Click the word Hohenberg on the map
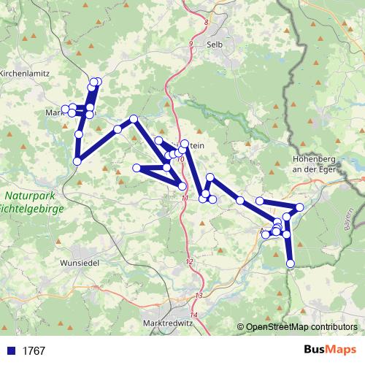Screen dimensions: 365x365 315,159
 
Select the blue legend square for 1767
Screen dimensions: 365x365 11,351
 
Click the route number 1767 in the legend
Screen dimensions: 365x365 34,351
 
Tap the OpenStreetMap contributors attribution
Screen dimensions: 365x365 301,328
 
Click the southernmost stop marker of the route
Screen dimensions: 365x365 291,264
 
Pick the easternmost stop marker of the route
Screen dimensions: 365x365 299,208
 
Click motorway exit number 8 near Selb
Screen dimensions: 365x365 207,23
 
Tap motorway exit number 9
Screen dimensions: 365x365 191,45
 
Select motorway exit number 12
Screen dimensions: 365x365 189,261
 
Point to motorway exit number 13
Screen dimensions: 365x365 199,295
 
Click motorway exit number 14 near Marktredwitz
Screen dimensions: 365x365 193,315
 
